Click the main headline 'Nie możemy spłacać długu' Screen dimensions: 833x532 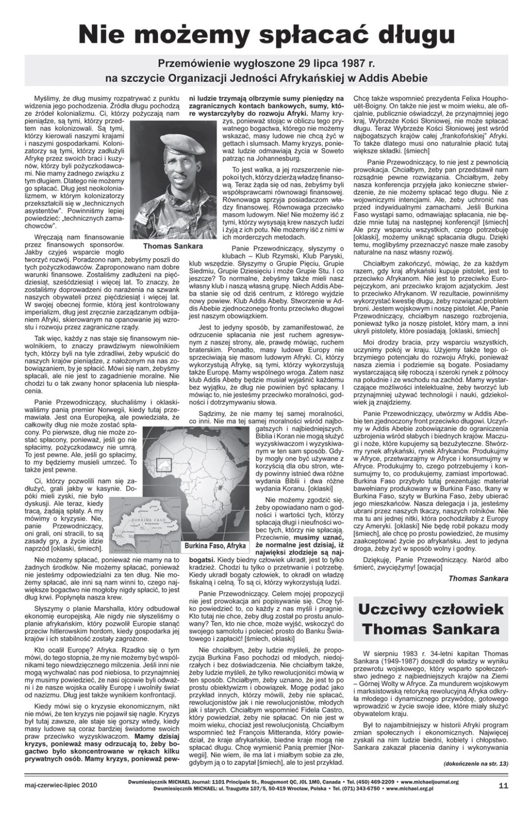[x=266, y=34]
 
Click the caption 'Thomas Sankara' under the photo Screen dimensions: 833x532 [x=172, y=246]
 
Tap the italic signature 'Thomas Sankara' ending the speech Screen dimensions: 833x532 [x=478, y=578]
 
